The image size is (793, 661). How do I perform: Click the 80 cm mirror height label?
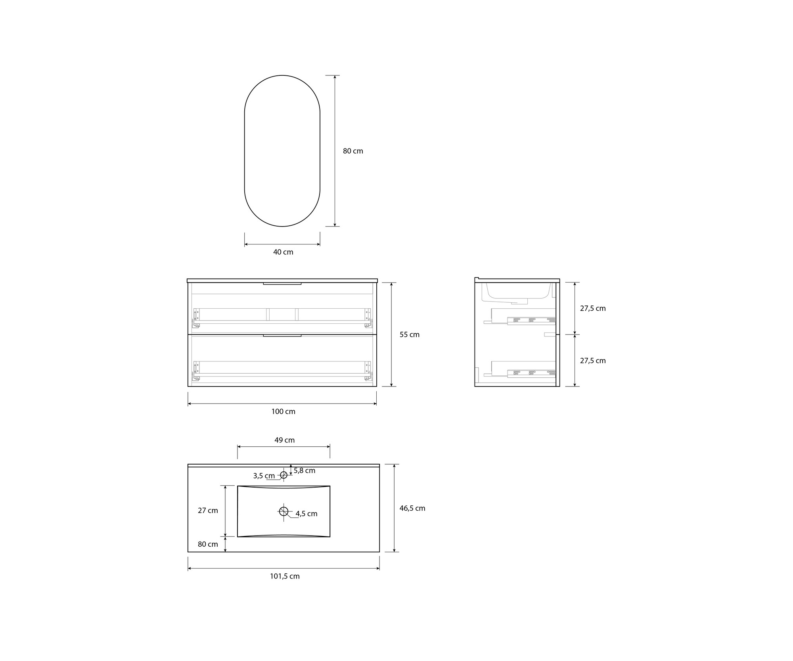353,151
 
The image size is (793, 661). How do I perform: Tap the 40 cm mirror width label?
283,252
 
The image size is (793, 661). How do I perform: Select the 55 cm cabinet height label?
410,334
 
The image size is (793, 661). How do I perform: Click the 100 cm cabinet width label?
283,411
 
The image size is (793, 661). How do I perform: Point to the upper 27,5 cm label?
593,308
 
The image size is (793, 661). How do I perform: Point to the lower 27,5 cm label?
593,361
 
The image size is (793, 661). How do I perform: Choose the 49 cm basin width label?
284,440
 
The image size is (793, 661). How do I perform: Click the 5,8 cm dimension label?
305,471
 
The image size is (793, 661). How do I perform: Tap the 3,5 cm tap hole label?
264,476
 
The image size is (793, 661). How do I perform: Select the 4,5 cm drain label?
306,514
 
